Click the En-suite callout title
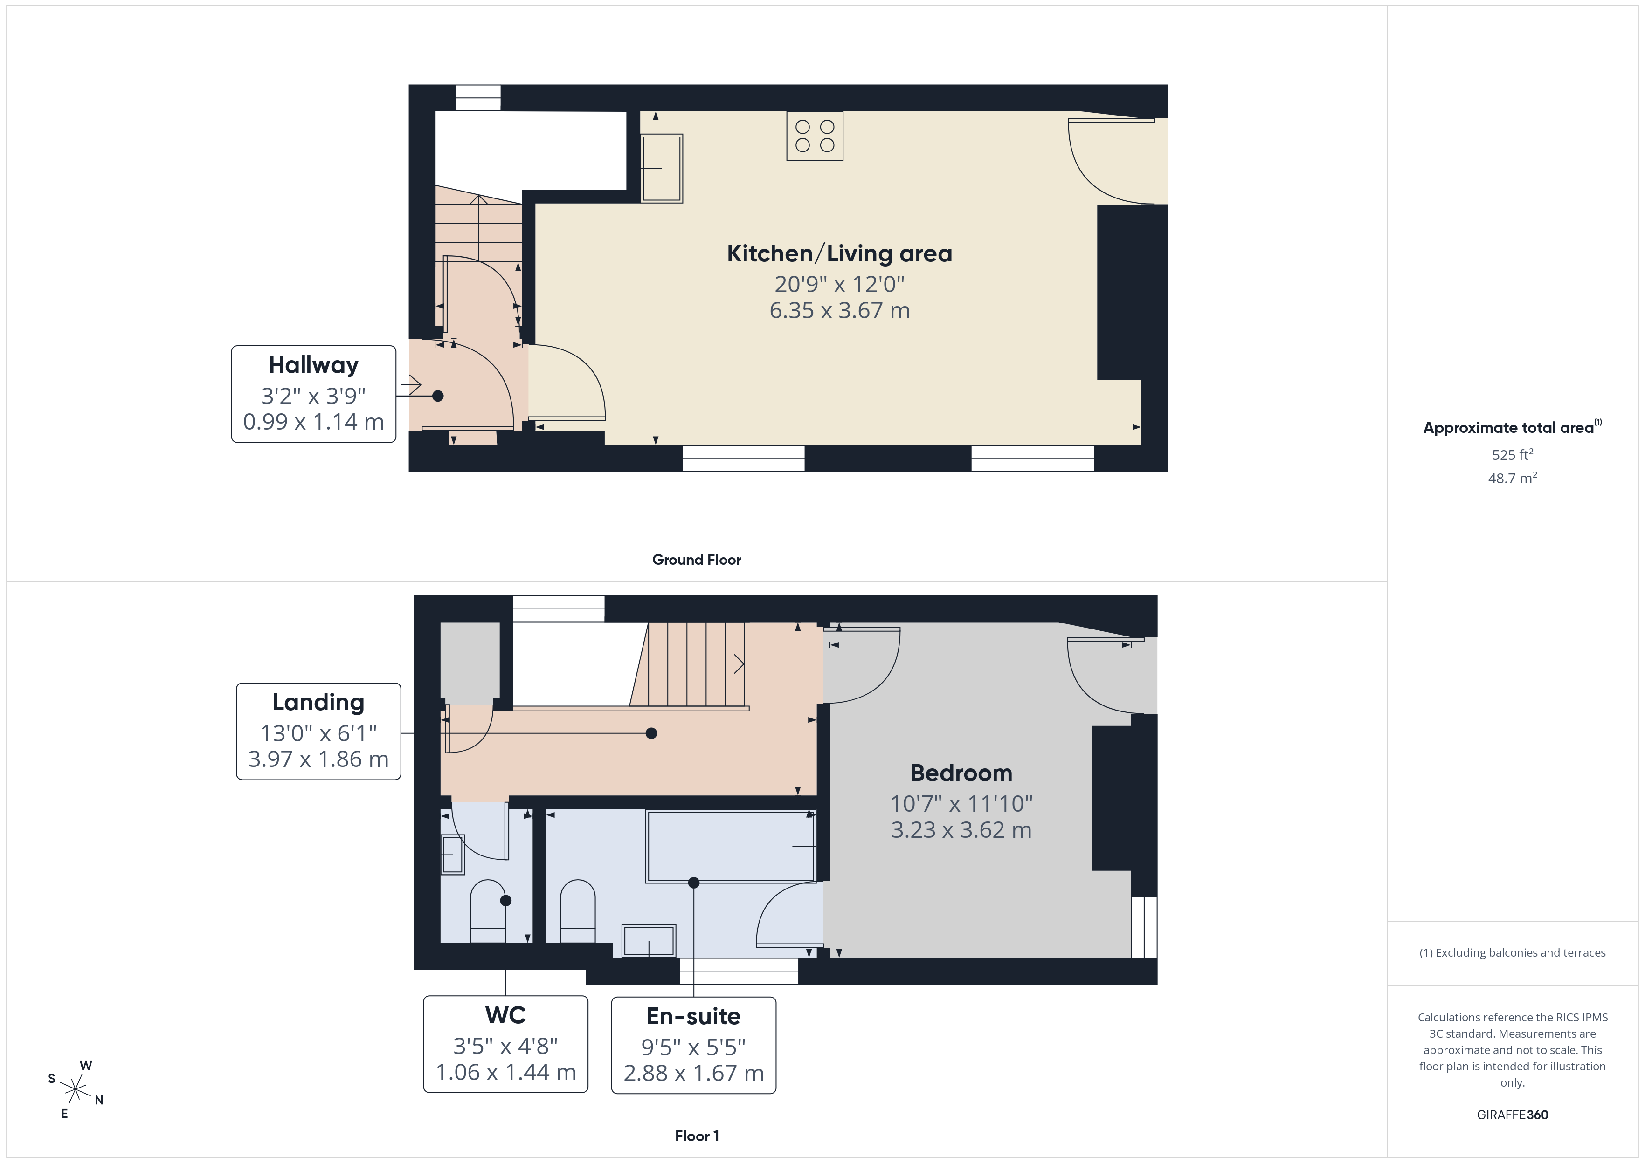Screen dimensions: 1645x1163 pos(693,1016)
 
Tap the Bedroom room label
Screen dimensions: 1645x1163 pos(961,773)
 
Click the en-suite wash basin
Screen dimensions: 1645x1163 pos(649,940)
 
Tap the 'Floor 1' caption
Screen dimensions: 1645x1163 pos(697,1136)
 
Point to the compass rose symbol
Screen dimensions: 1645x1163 pos(75,1090)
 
